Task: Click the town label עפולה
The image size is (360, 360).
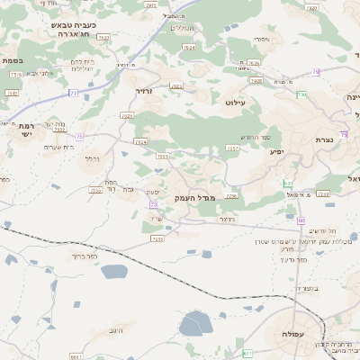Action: [299, 334]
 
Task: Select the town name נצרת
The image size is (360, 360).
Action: [325, 139]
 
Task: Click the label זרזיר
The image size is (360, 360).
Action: [145, 92]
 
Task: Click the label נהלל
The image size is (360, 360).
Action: [92, 159]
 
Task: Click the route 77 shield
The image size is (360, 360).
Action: [74, 93]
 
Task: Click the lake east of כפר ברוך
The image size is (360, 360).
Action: [115, 271]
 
